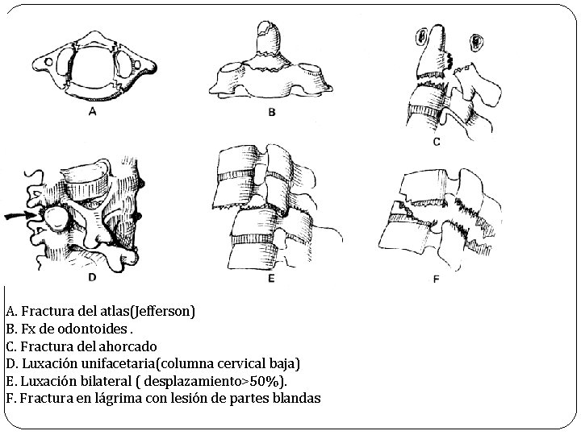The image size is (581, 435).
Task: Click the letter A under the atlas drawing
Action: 92,112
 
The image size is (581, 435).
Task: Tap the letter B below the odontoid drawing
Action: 272,113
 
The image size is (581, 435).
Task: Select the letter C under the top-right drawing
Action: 437,143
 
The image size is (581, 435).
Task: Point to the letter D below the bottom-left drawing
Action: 92,278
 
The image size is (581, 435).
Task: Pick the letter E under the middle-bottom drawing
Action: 271,280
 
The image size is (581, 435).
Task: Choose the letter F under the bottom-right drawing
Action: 437,280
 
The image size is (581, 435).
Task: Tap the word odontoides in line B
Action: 95,329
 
